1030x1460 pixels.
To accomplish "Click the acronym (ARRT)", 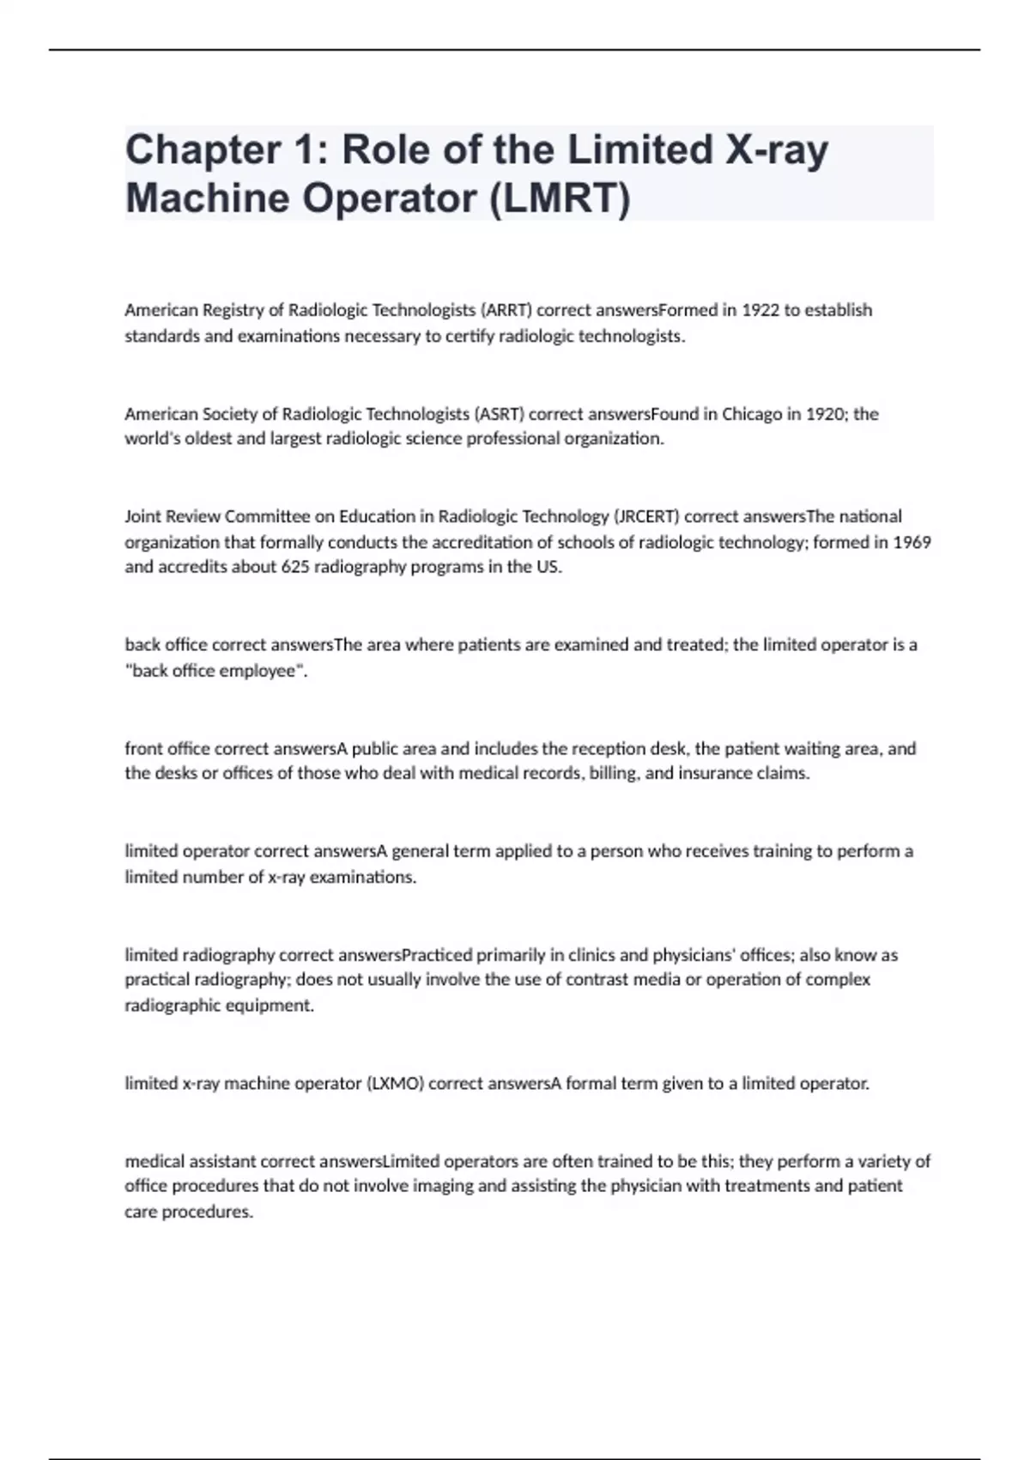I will pyautogui.click(x=506, y=310).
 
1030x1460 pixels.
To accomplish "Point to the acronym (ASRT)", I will pyautogui.click(x=499, y=414).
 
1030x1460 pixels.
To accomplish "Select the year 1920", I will pyautogui.click(x=824, y=414).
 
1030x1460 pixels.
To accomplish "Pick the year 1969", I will pyautogui.click(x=912, y=543).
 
